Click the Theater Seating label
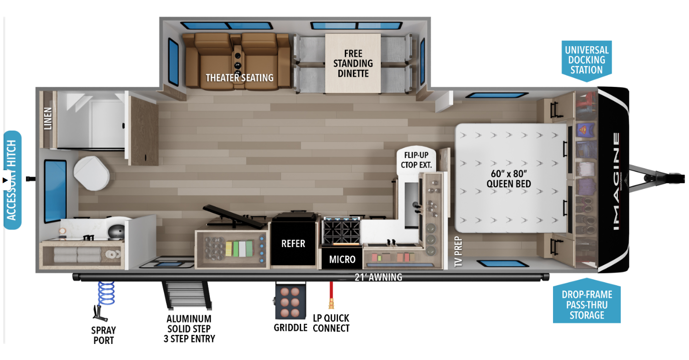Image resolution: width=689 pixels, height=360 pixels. [x=239, y=78]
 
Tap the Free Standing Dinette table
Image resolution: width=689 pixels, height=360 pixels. [x=353, y=63]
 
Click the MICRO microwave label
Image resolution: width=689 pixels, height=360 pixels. [x=342, y=260]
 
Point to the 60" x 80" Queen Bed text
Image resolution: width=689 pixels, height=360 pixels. [x=509, y=179]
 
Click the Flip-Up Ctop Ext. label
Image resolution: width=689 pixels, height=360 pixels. [x=416, y=160]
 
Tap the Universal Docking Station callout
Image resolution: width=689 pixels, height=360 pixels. [x=587, y=61]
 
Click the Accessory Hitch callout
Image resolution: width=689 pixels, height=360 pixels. [x=13, y=180]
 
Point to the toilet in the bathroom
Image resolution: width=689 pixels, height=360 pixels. [x=91, y=173]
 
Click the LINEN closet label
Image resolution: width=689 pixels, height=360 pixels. [x=48, y=118]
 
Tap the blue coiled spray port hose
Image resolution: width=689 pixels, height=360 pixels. [x=106, y=293]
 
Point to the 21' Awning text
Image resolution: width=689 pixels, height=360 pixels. [x=378, y=277]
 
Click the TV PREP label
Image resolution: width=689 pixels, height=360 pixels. [x=458, y=252]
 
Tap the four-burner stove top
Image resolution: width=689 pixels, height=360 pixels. [x=341, y=231]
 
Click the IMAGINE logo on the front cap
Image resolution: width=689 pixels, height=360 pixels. [x=616, y=182]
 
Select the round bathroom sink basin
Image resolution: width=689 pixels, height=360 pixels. [x=117, y=231]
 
